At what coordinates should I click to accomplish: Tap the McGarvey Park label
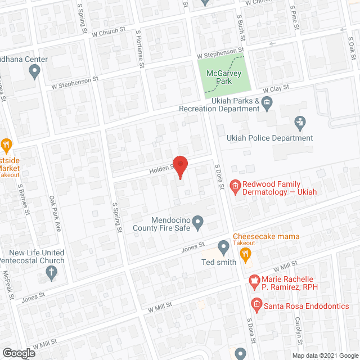(x=224, y=77)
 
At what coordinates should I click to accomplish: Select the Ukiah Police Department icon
(x=300, y=121)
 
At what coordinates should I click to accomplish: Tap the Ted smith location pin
(x=223, y=246)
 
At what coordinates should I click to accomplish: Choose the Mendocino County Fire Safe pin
(x=197, y=224)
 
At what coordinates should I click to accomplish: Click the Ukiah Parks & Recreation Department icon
(x=267, y=102)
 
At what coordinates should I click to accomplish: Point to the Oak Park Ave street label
(x=55, y=214)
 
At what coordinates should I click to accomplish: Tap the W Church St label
(x=109, y=33)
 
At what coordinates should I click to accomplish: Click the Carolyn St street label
(x=299, y=330)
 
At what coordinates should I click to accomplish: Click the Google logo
(x=18, y=353)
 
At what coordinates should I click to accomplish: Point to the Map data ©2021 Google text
(x=325, y=355)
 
